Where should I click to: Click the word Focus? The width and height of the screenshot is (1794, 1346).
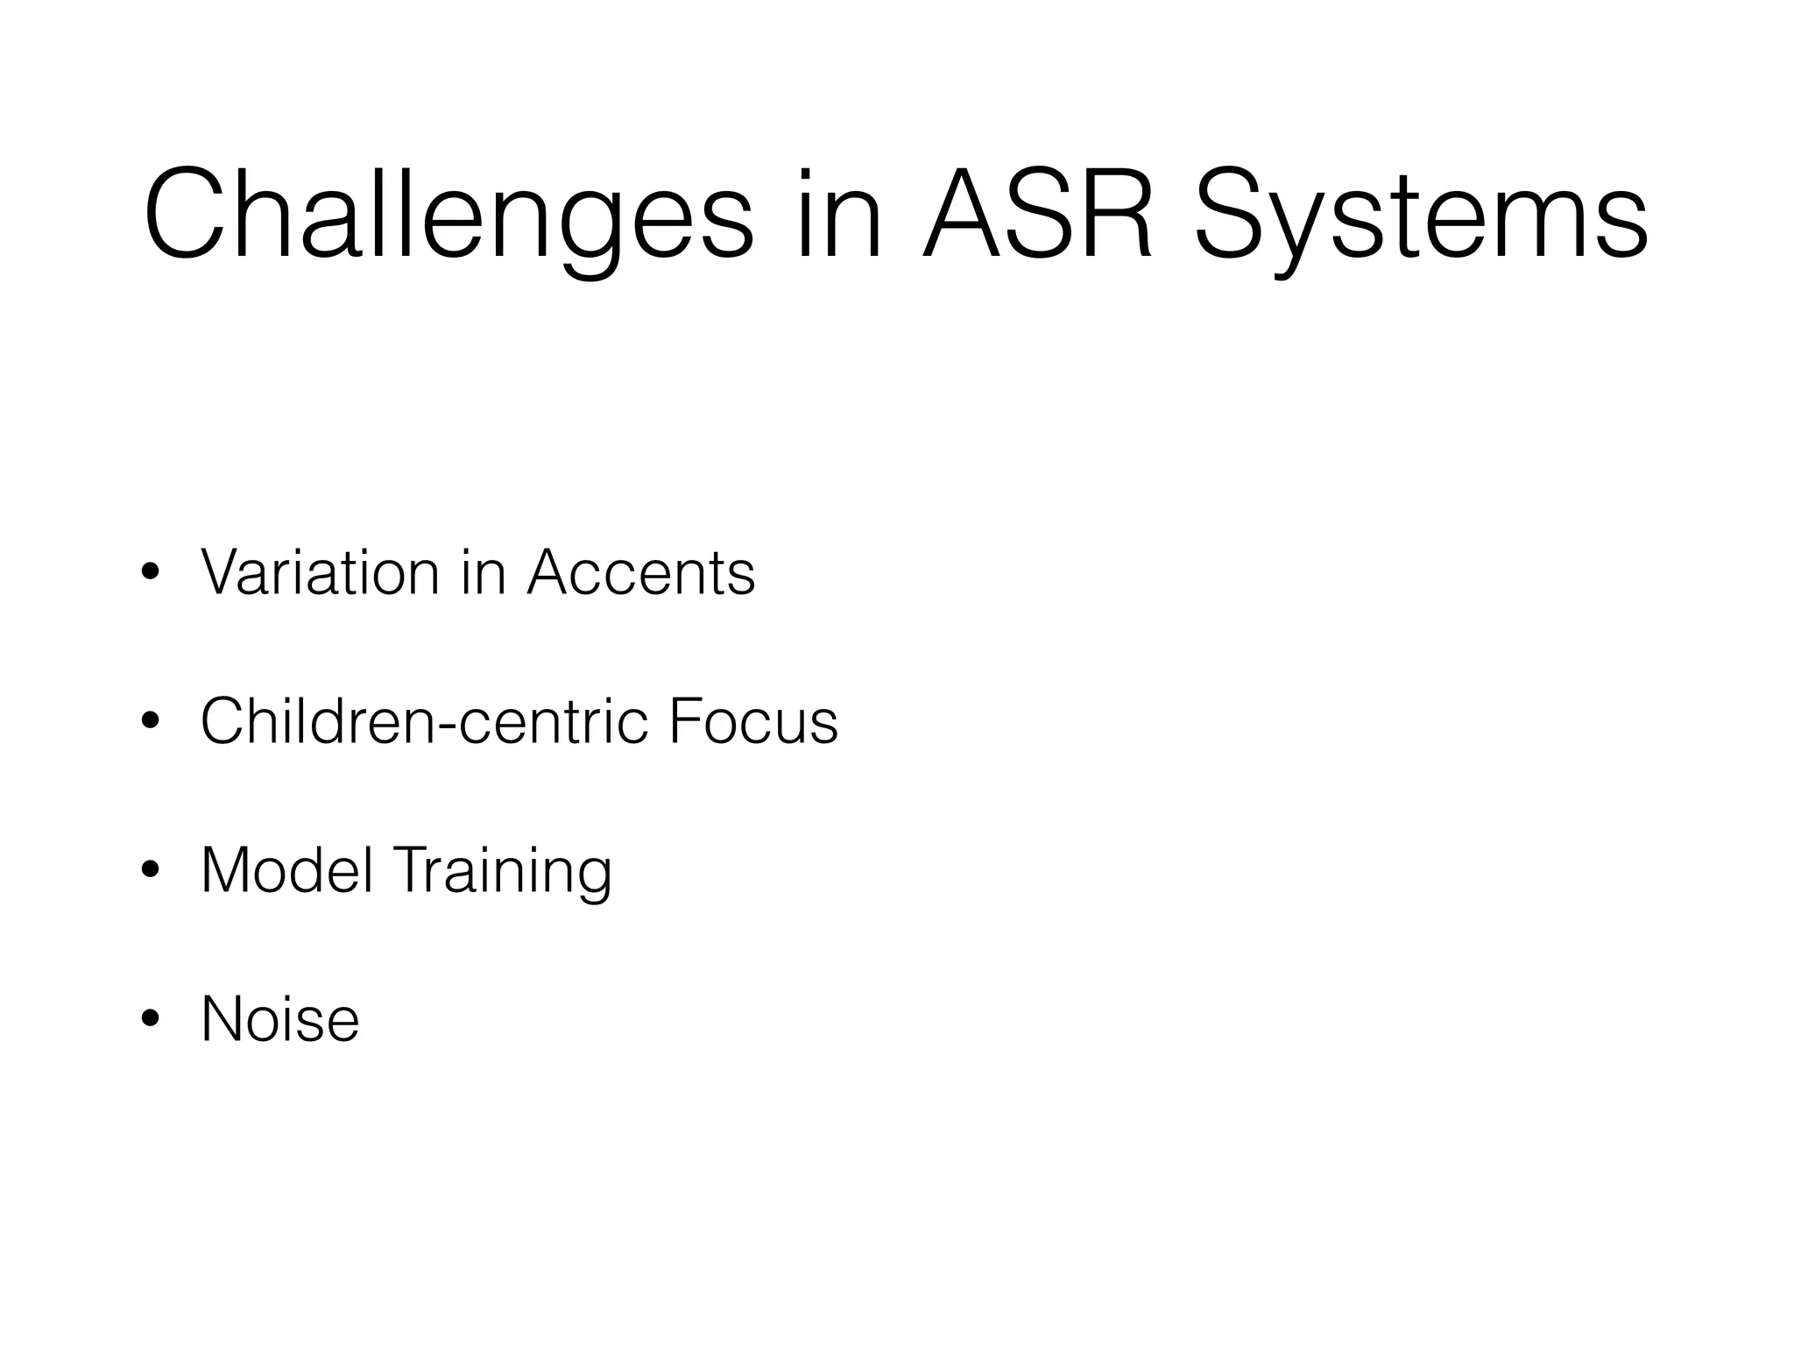click(752, 720)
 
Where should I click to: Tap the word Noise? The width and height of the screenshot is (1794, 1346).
click(280, 1018)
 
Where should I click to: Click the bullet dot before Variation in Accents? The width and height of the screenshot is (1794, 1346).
click(150, 573)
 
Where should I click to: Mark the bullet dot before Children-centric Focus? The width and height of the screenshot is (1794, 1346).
click(150, 722)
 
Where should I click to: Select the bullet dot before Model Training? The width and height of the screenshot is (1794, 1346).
click(150, 871)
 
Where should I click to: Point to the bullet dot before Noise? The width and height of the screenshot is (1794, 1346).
click(150, 1019)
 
